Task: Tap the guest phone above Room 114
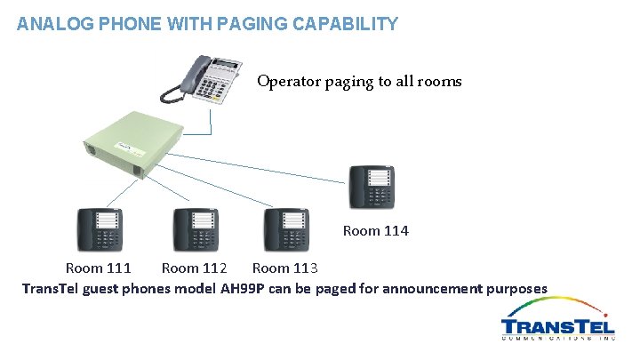point(372,187)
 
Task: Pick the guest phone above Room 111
point(99,230)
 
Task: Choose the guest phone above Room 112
point(196,230)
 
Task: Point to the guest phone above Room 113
point(285,230)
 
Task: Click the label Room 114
point(375,231)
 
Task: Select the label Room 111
point(99,268)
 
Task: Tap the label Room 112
point(194,268)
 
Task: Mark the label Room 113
point(284,268)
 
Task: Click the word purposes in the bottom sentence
point(515,288)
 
